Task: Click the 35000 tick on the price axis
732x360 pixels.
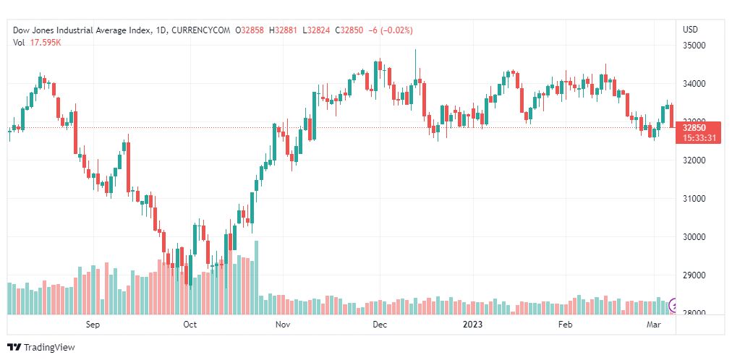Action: (x=694, y=46)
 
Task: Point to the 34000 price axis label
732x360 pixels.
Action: (x=694, y=84)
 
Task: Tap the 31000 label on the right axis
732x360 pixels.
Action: (x=694, y=199)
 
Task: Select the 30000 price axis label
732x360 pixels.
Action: (x=694, y=237)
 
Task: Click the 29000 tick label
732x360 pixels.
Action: (x=694, y=275)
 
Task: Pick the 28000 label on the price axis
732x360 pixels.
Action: (x=694, y=313)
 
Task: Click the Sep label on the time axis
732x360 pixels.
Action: (x=93, y=325)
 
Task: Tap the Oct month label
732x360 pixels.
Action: (x=190, y=325)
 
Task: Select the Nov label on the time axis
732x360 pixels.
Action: (x=283, y=325)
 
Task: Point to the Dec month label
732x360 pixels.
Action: (x=380, y=325)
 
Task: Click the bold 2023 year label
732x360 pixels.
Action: (x=471, y=325)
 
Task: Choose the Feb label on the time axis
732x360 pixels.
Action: (x=566, y=325)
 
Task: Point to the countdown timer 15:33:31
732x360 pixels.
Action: (x=698, y=138)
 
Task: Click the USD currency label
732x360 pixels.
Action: (x=690, y=30)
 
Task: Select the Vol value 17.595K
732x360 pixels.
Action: (x=45, y=42)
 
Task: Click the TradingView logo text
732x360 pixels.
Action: (x=48, y=348)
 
